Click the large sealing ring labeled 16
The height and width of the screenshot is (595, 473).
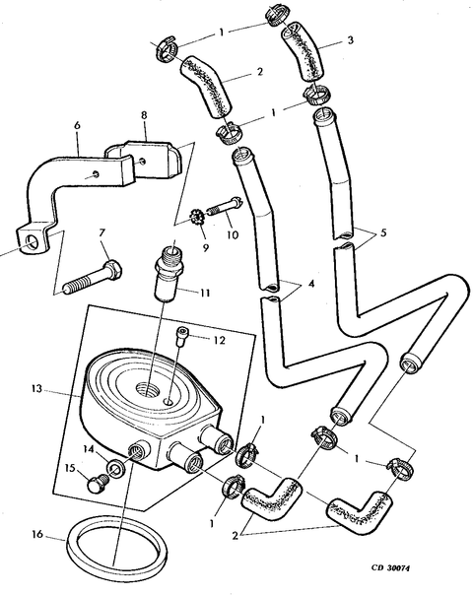click(73, 551)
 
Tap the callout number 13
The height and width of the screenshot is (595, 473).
click(36, 389)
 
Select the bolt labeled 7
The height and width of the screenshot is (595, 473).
click(93, 277)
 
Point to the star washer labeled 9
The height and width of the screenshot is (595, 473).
click(198, 218)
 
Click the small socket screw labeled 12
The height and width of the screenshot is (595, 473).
click(180, 337)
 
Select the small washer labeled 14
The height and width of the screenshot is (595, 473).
click(115, 469)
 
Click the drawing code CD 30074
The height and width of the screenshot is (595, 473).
click(390, 567)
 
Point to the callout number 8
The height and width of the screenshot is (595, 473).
click(144, 115)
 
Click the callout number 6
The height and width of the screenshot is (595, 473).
click(78, 125)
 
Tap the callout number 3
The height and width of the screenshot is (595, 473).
click(351, 39)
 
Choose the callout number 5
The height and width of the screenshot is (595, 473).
click(383, 232)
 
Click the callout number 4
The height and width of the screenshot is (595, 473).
click(311, 284)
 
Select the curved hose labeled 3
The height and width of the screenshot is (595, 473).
click(303, 51)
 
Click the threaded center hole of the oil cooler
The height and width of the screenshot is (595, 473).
click(147, 389)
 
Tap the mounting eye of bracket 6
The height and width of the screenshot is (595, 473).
click(32, 243)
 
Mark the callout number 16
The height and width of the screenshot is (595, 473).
click(37, 535)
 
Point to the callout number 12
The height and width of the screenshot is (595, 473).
click(220, 340)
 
